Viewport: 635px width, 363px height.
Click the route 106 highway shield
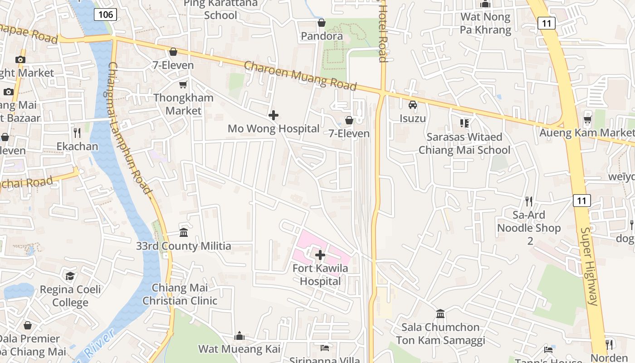point(106,15)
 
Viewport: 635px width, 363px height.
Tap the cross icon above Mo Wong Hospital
point(274,115)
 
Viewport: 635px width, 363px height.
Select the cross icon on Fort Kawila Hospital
point(320,255)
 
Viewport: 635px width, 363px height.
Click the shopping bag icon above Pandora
point(322,23)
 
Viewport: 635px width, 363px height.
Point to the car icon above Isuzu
point(413,105)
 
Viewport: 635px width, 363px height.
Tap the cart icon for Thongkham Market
point(183,84)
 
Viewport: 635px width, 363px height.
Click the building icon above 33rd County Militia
point(184,232)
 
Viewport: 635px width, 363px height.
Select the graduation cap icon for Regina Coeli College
point(70,276)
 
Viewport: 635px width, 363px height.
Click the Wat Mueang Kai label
point(239,349)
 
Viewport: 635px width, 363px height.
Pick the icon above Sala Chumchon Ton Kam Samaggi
point(440,314)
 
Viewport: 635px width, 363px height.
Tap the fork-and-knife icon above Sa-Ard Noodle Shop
point(529,201)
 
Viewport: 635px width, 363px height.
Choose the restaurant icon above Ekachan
point(77,132)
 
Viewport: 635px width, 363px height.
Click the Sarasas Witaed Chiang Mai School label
point(464,143)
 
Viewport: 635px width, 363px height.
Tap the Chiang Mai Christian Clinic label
point(180,294)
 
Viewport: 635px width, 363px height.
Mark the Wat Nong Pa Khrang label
point(486,24)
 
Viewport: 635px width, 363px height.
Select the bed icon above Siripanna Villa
point(325,348)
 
